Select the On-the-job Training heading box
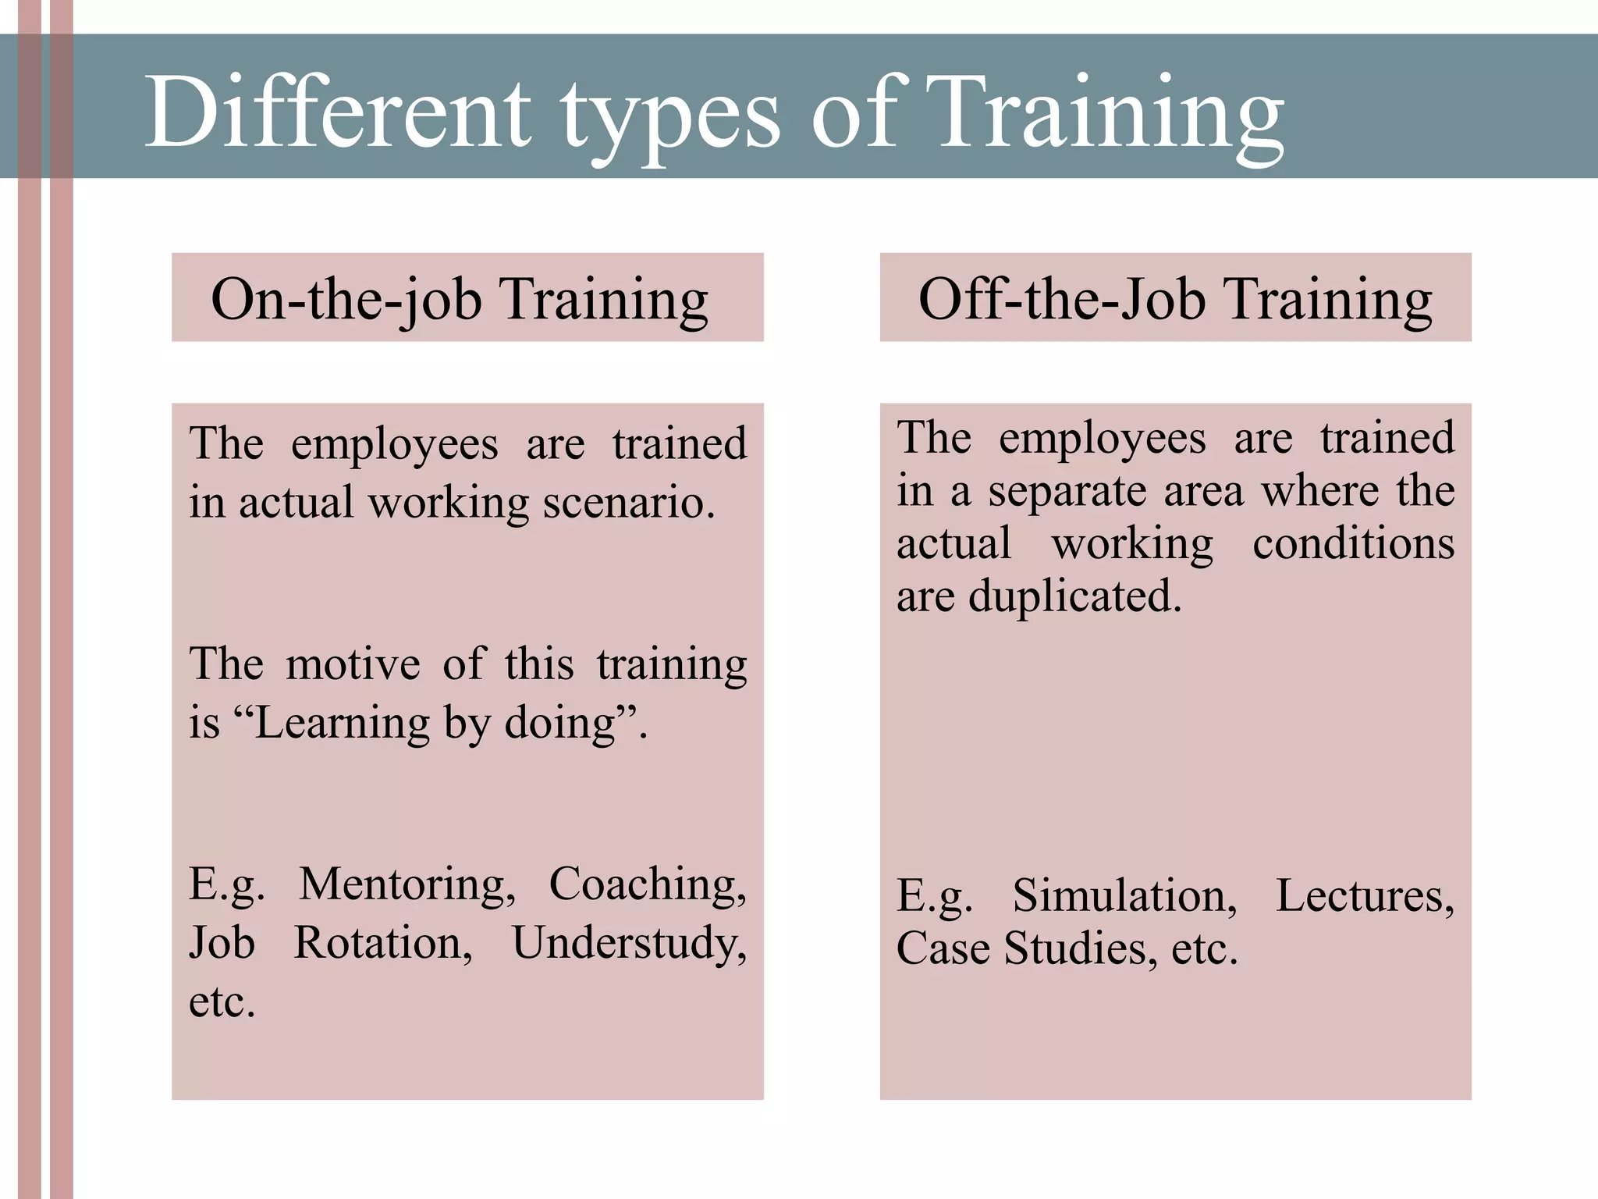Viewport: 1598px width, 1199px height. (x=467, y=297)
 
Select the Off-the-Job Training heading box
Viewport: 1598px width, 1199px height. (x=1175, y=297)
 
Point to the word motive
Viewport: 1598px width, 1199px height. (x=353, y=664)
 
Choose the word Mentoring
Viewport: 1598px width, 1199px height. (x=407, y=884)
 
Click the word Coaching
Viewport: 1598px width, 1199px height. (x=647, y=884)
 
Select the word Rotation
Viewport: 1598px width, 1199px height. (x=382, y=943)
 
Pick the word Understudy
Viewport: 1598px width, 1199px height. (x=629, y=943)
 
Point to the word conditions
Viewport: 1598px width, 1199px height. (x=1353, y=543)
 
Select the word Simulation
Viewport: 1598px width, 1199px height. (x=1124, y=895)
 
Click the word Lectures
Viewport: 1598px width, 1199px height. (x=1365, y=895)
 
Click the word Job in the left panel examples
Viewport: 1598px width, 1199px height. (x=222, y=943)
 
